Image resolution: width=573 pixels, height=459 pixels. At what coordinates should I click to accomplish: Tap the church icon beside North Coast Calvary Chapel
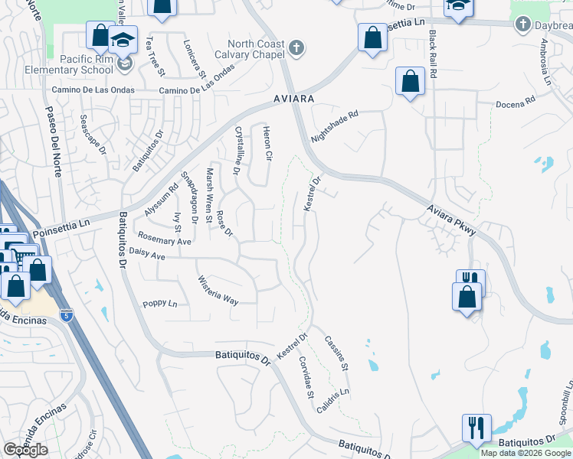pos(296,49)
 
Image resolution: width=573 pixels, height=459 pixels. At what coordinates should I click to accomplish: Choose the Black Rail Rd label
pos(433,55)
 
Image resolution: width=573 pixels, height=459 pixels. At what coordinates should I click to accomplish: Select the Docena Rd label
pos(515,103)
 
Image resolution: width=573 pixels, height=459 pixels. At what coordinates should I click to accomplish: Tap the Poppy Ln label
pos(160,304)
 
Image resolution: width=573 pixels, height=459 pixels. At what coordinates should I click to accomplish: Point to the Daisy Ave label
pos(148,252)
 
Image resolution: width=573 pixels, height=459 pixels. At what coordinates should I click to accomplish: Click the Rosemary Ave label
pos(164,239)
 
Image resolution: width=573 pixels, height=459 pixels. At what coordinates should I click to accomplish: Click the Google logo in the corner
pos(25,450)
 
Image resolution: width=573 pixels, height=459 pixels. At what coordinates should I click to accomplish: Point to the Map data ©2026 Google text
pos(526,453)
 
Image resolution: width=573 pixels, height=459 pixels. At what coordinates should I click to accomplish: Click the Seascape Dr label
pos(93,135)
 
